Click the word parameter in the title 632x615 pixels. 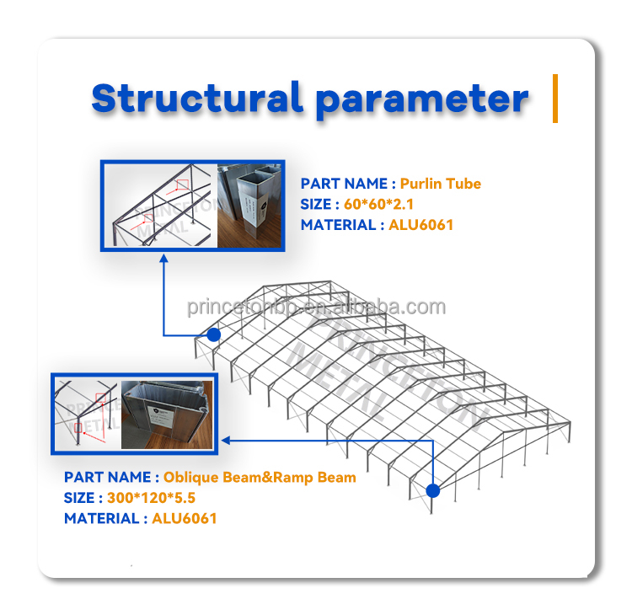pyautogui.click(x=422, y=99)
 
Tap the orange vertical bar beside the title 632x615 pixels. pyautogui.click(x=555, y=99)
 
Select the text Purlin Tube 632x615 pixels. pyautogui.click(x=441, y=184)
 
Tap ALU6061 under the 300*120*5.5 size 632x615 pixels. pyautogui.click(x=185, y=518)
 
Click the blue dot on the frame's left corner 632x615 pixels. pyautogui.click(x=214, y=334)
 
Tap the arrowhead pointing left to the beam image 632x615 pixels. pyautogui.click(x=227, y=439)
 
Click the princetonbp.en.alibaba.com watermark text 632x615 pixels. pyautogui.click(x=316, y=307)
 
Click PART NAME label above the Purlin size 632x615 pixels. pyautogui.click(x=344, y=184)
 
